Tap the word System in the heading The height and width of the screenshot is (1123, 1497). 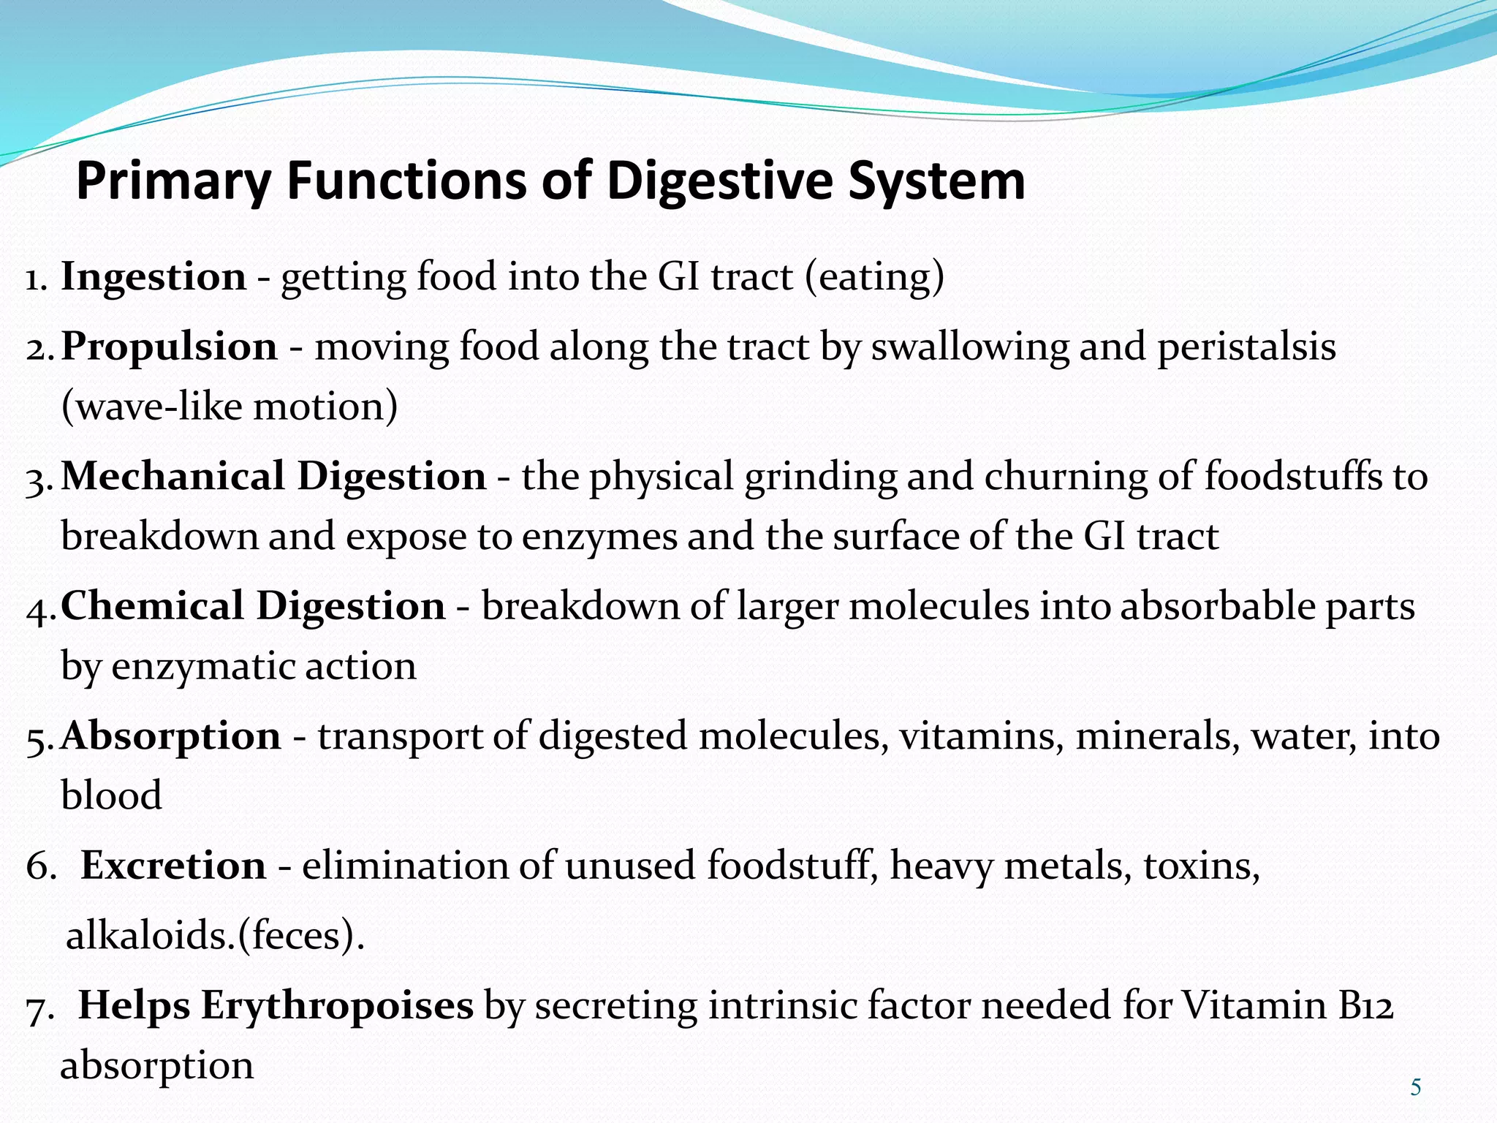point(936,181)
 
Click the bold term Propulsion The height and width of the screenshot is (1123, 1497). point(169,347)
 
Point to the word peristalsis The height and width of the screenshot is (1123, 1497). point(1246,347)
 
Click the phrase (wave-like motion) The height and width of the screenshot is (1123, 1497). point(230,407)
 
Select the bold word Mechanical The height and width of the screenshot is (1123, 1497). point(173,477)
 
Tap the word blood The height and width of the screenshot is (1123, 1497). point(111,795)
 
